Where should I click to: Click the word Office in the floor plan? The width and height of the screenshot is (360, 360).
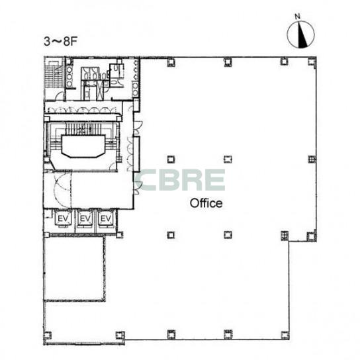point(206,203)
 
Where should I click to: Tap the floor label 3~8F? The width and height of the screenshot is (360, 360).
point(60,42)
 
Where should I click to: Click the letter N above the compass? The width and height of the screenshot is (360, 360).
point(298,17)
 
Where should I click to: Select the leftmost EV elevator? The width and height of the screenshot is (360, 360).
point(63,218)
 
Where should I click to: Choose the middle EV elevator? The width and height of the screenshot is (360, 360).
point(85,218)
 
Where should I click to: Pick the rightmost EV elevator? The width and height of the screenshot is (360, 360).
point(106,218)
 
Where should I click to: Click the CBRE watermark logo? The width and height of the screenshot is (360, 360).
point(180,180)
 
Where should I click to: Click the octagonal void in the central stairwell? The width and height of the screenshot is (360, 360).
point(83,146)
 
